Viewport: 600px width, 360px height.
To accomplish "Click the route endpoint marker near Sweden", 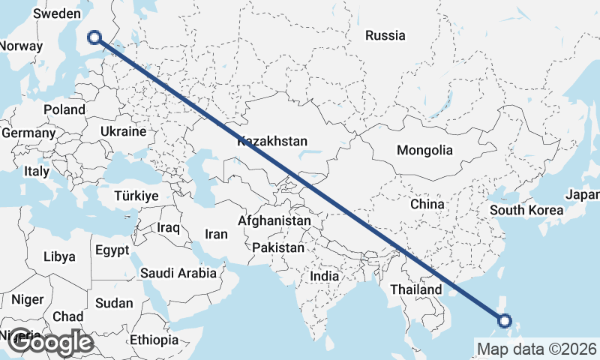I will coord(94,36).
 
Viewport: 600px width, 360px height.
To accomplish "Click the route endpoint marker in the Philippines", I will coord(504,321).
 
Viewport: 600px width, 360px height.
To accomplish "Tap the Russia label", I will coord(385,35).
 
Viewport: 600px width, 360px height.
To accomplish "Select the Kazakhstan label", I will coord(273,141).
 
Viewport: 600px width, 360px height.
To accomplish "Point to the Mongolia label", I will coord(424,150).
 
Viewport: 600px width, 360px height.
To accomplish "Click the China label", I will coord(427,204).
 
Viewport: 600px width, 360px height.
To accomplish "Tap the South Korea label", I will coord(526,210).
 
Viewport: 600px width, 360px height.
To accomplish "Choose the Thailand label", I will coord(416,289).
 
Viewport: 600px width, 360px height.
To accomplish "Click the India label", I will coord(325,276).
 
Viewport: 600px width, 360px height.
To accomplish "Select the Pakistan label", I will coord(278,247).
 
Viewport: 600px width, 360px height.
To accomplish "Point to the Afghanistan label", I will coord(274,221).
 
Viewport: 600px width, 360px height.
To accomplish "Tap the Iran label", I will coord(216,234).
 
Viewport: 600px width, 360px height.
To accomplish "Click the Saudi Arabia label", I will coord(178,274).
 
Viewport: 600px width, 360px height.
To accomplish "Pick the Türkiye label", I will coord(136,196).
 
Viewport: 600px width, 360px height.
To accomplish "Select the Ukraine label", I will coord(123,131).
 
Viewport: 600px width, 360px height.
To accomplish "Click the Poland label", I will coord(64,109).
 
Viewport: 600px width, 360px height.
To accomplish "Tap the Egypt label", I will coord(112,250).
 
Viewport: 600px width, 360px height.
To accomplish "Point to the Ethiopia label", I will coord(154,340).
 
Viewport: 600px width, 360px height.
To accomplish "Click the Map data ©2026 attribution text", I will coord(536,349).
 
